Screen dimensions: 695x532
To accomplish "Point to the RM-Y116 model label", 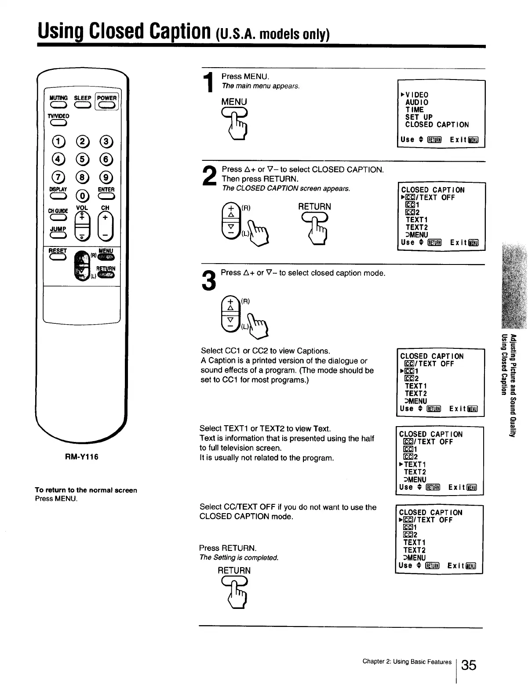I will [x=82, y=457].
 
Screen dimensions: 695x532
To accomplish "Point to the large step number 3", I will [x=209, y=281].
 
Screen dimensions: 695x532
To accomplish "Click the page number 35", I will [x=469, y=665].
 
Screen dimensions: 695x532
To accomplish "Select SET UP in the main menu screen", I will [x=419, y=117].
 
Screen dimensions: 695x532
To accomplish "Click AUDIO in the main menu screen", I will [x=416, y=102].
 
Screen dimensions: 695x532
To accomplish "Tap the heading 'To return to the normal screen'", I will [x=86, y=490].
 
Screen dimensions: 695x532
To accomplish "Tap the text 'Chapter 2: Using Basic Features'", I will [x=407, y=662].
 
